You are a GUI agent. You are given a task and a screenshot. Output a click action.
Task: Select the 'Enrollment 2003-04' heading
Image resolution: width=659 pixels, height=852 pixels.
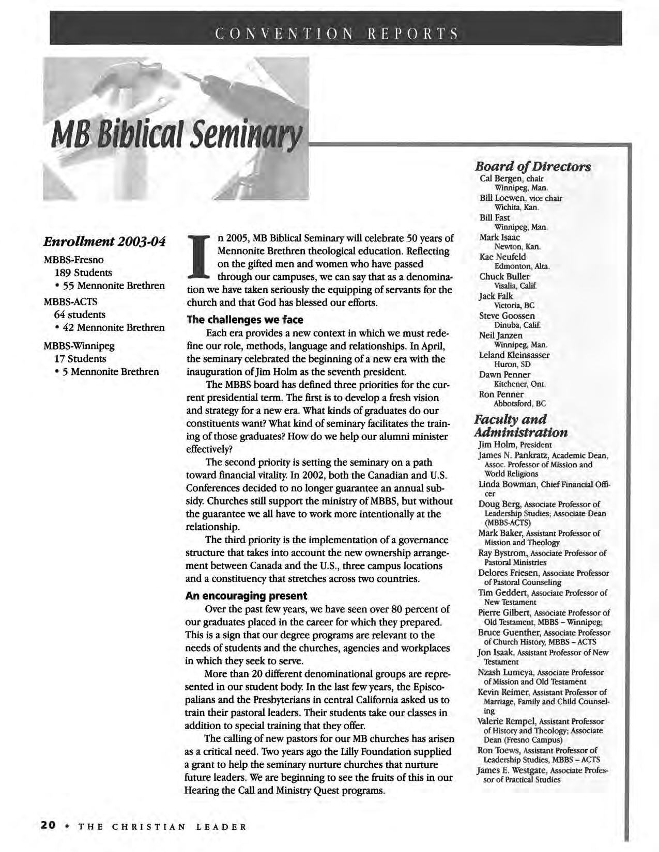click(105, 242)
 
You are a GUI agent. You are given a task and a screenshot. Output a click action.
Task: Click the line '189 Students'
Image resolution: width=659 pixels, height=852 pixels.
click(83, 272)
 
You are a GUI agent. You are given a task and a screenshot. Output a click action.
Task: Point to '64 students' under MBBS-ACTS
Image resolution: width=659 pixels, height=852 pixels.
click(80, 314)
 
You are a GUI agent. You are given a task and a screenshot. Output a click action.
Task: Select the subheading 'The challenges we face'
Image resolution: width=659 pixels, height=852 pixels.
click(244, 320)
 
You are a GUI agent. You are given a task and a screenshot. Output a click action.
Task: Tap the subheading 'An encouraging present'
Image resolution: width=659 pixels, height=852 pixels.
click(246, 595)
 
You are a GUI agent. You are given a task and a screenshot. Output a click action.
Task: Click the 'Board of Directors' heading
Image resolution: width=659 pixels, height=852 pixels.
click(533, 167)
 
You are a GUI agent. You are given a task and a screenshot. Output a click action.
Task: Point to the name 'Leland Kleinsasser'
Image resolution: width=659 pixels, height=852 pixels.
click(514, 355)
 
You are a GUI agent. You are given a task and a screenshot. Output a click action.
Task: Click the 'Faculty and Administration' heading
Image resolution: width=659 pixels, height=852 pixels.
click(520, 425)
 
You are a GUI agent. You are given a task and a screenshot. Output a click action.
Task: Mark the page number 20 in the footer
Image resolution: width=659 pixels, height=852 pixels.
click(48, 825)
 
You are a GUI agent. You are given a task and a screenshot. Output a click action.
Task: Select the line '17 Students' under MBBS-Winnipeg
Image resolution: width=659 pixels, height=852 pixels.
click(80, 358)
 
